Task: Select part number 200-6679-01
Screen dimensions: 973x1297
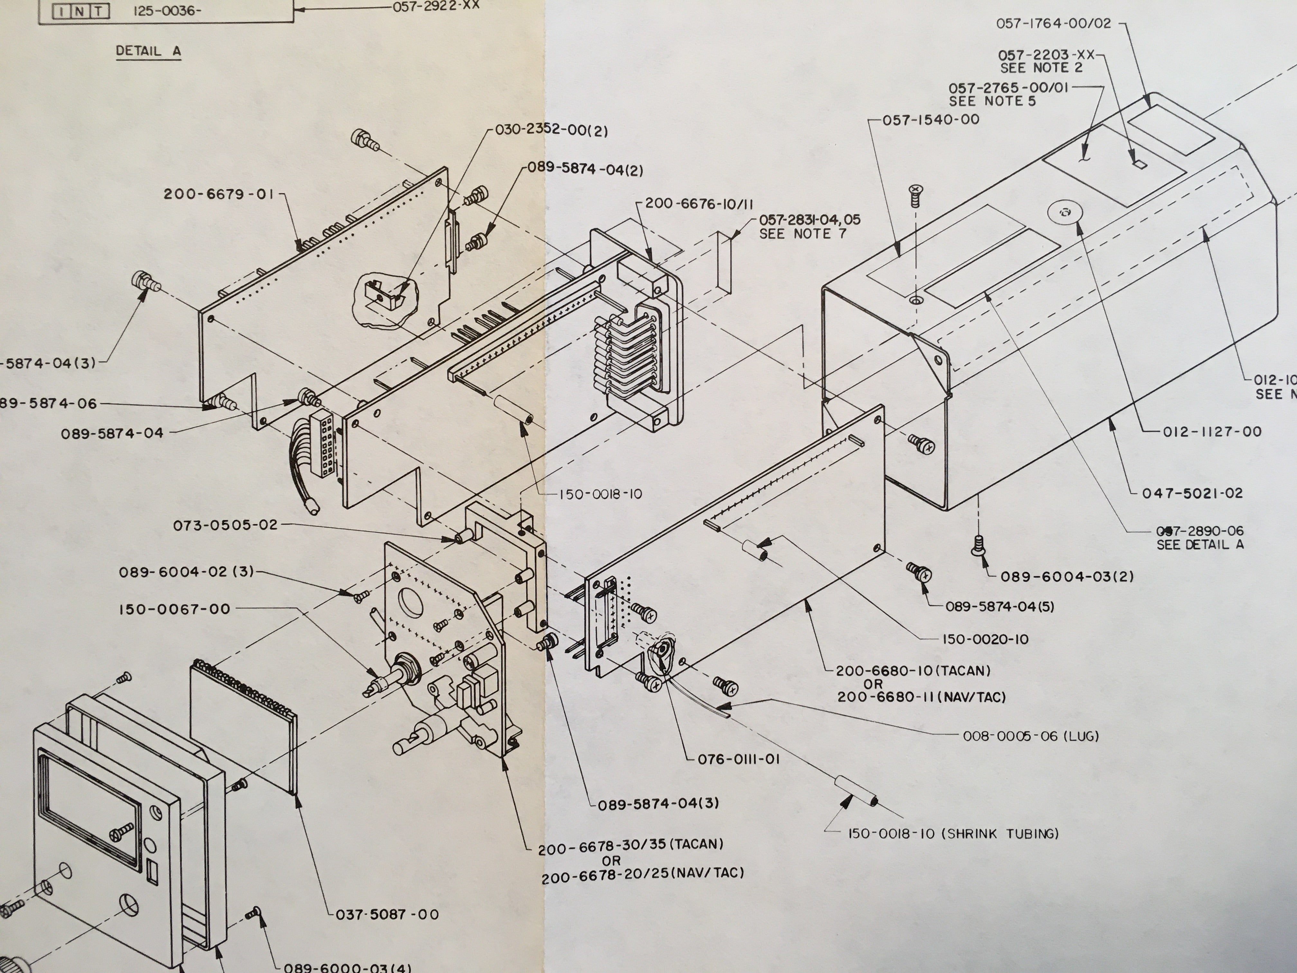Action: coord(219,194)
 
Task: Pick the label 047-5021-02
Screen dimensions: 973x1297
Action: coord(1192,493)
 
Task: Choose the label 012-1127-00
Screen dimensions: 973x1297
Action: coord(1211,432)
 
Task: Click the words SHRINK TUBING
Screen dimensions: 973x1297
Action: coord(1000,833)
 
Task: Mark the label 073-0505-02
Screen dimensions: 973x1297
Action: coord(225,525)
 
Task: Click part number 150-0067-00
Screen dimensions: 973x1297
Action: coord(175,609)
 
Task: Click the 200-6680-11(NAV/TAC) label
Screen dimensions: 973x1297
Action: coord(921,697)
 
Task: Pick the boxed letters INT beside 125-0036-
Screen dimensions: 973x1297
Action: coord(81,11)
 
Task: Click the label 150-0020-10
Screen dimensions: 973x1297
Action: coord(985,639)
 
